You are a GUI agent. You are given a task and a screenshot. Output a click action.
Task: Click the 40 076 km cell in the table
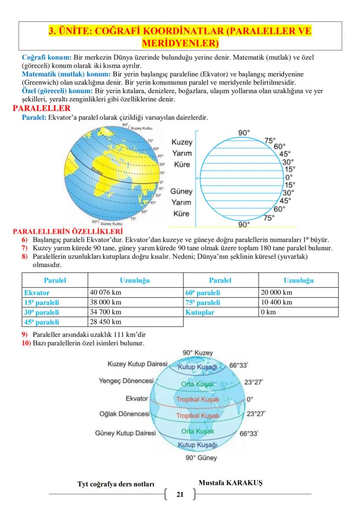click(x=106, y=293)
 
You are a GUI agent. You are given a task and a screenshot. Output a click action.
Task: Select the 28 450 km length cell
click(x=106, y=322)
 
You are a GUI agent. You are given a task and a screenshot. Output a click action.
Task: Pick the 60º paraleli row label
click(x=203, y=293)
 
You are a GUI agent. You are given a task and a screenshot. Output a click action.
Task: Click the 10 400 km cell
click(x=277, y=302)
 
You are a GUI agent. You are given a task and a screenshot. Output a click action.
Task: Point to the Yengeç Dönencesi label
click(x=127, y=381)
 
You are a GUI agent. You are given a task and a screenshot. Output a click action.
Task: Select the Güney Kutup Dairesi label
click(x=125, y=433)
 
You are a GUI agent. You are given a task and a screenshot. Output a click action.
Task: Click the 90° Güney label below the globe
click(x=201, y=458)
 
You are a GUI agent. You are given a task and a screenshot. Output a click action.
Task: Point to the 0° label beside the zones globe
click(x=250, y=398)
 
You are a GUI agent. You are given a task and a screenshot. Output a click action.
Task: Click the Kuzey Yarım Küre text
click(x=182, y=154)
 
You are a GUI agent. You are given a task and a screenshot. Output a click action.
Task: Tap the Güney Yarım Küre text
click(x=182, y=202)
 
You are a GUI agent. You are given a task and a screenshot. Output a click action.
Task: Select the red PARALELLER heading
click(x=42, y=109)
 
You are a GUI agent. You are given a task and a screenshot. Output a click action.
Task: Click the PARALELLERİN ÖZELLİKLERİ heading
click(x=68, y=231)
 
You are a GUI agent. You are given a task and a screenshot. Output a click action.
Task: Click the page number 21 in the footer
click(x=180, y=495)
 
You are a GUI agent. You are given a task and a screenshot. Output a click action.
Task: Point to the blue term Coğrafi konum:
click(x=47, y=57)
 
